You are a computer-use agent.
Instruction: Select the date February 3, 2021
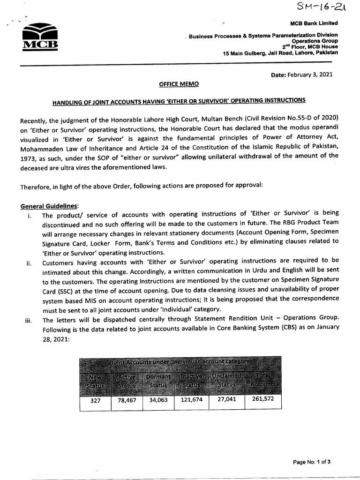pos(302,75)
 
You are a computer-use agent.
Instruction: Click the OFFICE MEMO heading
pos(179,84)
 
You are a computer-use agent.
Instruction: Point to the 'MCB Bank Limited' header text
pos(314,23)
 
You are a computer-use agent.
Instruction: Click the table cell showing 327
pos(95,400)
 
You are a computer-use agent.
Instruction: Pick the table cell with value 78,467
pos(127,400)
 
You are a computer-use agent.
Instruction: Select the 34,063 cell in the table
pos(158,400)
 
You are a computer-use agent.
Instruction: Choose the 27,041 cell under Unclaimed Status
pos(226,400)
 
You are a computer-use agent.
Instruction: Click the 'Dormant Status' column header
pos(158,381)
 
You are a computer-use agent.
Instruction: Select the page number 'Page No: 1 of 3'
pos(312,462)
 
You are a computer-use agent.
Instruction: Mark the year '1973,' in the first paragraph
pos(30,159)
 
